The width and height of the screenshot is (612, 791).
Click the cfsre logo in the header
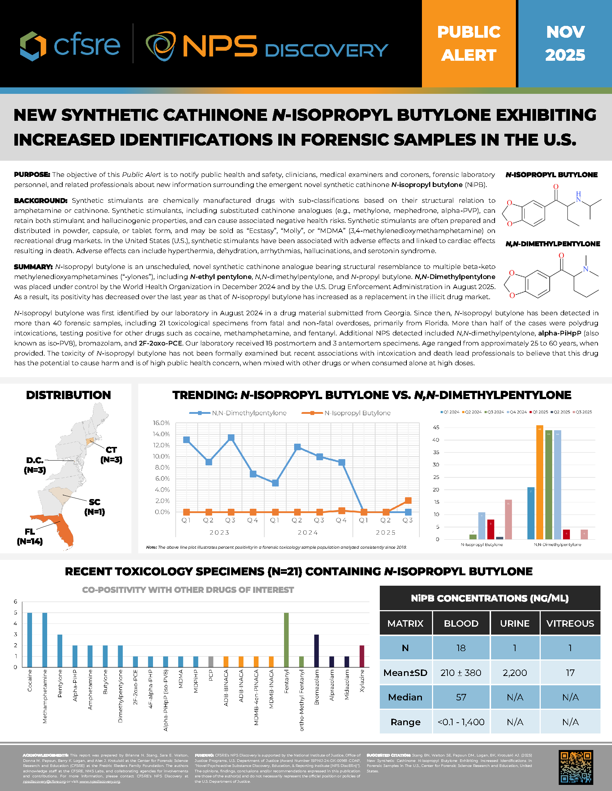point(70,45)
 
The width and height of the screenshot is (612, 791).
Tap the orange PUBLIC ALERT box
point(469,44)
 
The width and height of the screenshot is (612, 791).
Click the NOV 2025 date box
point(565,44)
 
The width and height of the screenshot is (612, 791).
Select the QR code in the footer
point(576,767)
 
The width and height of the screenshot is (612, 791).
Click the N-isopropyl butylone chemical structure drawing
point(551,206)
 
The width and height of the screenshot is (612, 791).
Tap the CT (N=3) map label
point(111,454)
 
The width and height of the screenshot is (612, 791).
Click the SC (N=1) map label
point(95,507)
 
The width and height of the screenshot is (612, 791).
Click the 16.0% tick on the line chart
point(161,423)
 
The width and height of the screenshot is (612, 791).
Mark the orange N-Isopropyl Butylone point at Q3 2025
point(408,500)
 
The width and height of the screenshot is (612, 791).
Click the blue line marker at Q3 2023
point(231,438)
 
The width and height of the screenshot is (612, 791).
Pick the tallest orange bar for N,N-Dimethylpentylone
point(540,482)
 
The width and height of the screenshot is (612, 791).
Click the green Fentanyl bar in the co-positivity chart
point(286,640)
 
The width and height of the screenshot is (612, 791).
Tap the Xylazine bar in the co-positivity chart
point(361,656)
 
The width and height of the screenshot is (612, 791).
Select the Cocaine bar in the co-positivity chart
point(30,640)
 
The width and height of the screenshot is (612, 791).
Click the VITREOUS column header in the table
point(570,623)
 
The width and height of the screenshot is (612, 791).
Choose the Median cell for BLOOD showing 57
point(461,697)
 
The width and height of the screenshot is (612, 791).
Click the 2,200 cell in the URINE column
point(514,673)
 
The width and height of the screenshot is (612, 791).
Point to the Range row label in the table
point(405,722)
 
